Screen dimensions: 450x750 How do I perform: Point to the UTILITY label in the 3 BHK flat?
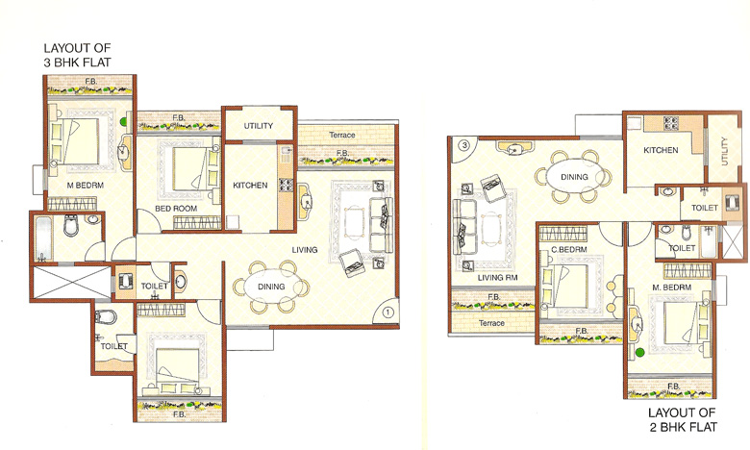[259, 126]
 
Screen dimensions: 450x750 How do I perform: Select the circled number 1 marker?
[387, 311]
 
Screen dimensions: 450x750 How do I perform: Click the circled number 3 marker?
[464, 146]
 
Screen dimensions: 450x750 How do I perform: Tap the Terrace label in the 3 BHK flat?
[342, 136]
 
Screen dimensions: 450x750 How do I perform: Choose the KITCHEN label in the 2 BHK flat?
[662, 150]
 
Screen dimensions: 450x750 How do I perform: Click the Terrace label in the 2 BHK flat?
[465, 323]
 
